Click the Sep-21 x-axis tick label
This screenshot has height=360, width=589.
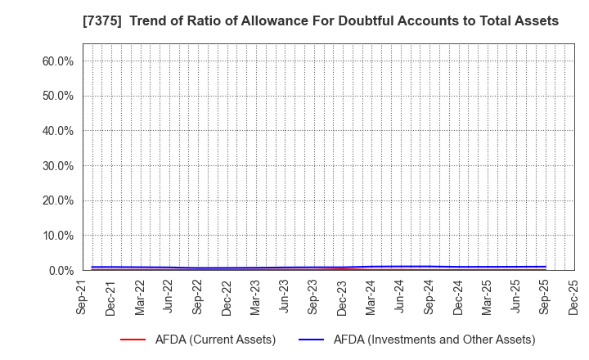[83, 297]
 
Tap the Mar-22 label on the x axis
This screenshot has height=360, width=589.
[141, 297]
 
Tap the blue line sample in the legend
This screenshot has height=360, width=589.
[312, 340]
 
